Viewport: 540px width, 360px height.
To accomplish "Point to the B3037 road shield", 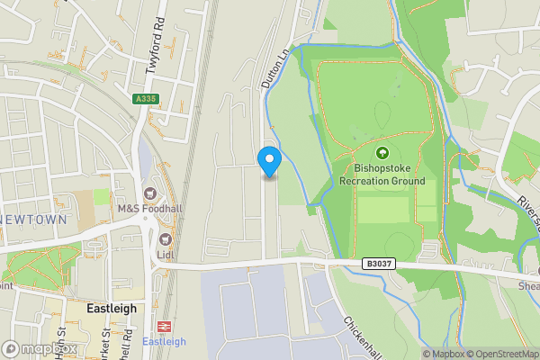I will tap(380, 264).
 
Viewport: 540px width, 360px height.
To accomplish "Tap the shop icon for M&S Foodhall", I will tap(148, 193).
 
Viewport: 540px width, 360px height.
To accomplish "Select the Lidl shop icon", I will tap(166, 239).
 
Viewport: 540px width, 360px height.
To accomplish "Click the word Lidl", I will tap(166, 256).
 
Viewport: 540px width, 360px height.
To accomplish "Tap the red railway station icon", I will tap(164, 327).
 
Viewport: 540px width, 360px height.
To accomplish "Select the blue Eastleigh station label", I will tap(164, 342).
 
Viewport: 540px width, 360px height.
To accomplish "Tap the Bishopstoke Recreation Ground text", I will tap(382, 175).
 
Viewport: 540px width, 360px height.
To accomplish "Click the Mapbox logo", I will tap(40, 348).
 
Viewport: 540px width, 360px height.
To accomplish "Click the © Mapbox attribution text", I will tap(440, 354).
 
